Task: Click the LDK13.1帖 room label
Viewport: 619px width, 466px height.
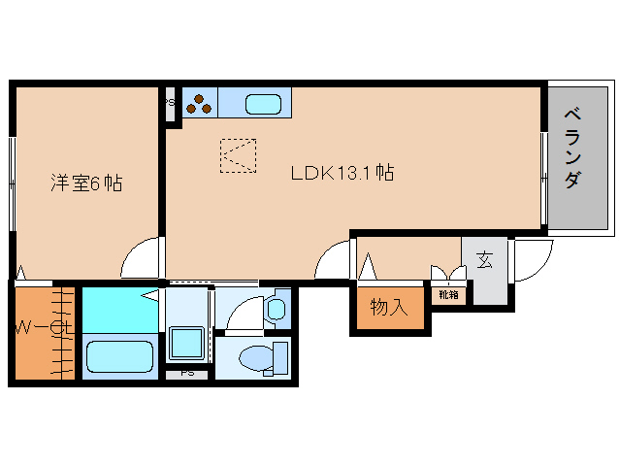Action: [342, 173]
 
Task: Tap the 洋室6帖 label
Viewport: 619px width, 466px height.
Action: [86, 183]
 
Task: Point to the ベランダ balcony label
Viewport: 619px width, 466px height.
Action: [572, 149]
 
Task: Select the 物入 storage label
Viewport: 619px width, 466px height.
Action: [389, 307]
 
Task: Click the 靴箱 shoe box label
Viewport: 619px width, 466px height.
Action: [448, 294]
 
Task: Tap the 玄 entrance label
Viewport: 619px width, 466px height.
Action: [484, 259]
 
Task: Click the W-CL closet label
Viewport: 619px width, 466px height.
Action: [45, 327]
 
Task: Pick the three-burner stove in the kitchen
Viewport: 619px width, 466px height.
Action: [199, 104]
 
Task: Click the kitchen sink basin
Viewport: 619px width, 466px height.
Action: [263, 104]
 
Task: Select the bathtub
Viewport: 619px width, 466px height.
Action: [120, 356]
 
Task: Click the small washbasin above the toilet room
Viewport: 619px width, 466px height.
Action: [277, 309]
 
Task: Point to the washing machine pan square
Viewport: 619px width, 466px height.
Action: [186, 343]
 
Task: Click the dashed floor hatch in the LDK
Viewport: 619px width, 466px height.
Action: [238, 155]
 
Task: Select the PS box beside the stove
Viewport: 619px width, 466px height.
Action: [170, 104]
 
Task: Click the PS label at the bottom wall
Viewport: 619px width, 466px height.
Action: [187, 373]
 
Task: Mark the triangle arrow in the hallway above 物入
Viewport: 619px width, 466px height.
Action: [369, 267]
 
